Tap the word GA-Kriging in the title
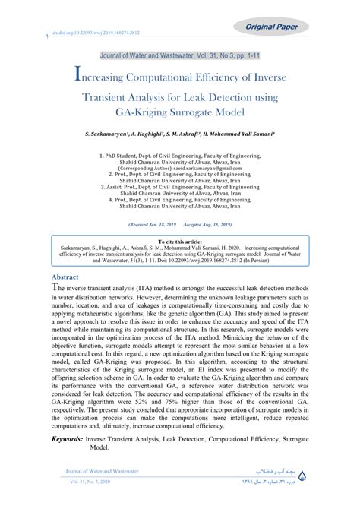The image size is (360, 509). [156, 113]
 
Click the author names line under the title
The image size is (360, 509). [180, 134]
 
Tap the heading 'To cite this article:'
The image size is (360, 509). [180, 239]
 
